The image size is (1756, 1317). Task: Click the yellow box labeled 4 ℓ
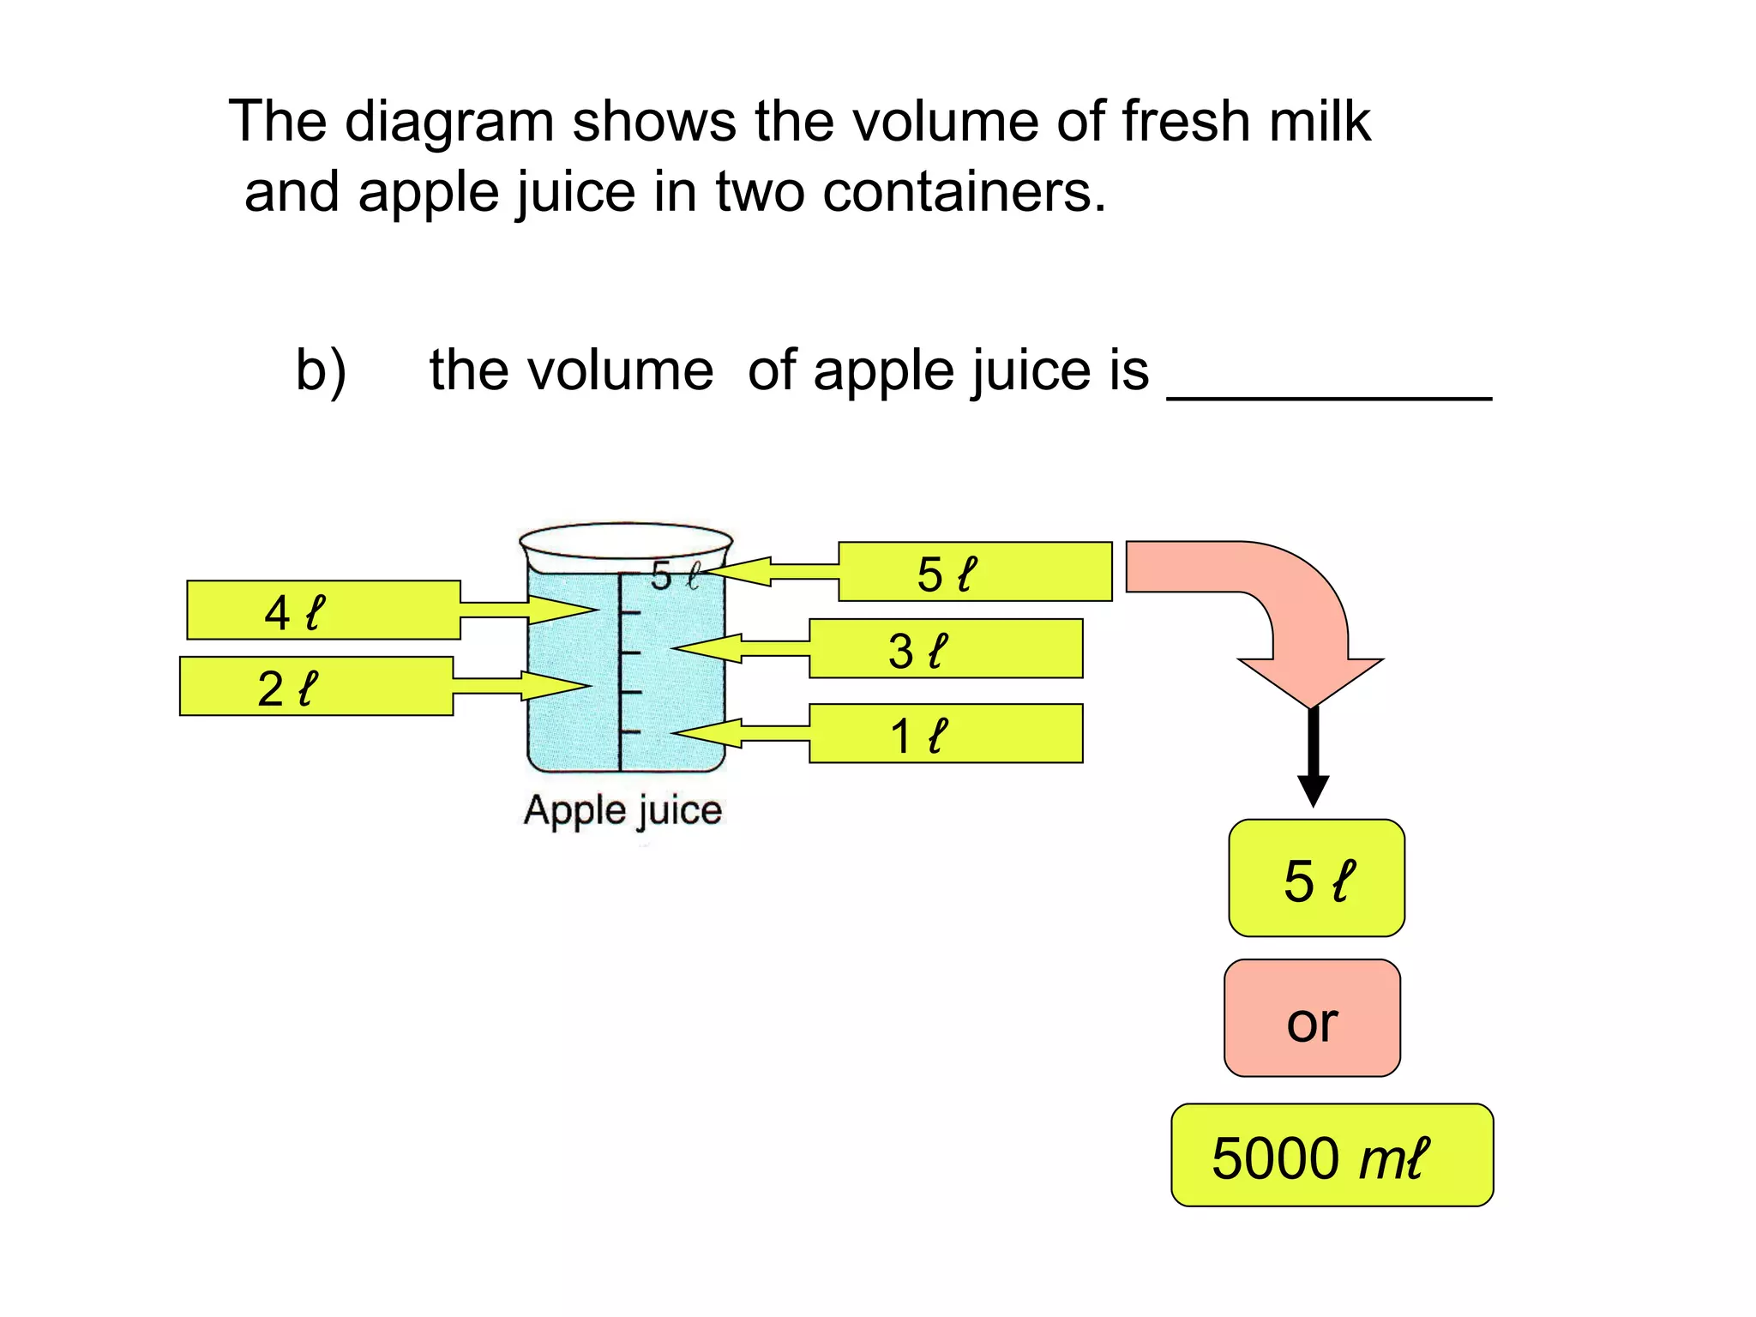tap(323, 610)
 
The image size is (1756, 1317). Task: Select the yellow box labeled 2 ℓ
tap(316, 686)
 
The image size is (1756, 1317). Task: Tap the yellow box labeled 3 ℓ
tap(946, 649)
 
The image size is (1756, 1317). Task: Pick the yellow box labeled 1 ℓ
tap(946, 734)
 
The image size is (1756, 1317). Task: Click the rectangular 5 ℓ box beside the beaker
tap(975, 572)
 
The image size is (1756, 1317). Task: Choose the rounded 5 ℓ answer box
tap(1316, 878)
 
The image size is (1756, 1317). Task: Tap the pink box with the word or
tap(1312, 1019)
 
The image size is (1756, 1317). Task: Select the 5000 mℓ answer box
tap(1332, 1156)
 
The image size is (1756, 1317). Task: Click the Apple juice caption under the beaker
tap(623, 811)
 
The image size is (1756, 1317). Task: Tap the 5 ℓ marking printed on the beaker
tap(675, 576)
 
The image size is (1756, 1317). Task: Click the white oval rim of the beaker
tap(625, 541)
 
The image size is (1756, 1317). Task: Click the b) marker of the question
tap(321, 370)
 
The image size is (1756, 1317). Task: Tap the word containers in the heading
tap(964, 191)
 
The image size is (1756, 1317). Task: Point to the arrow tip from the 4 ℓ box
tap(592, 610)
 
